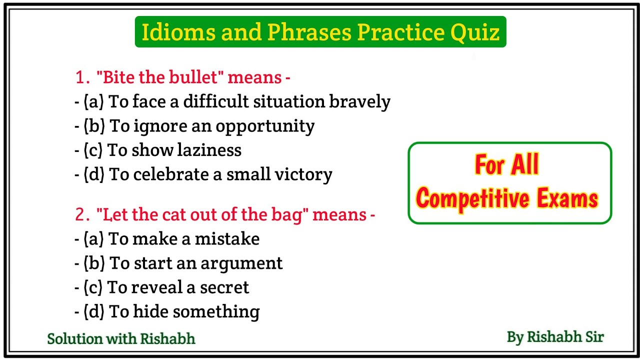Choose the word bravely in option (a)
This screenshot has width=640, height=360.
(359, 102)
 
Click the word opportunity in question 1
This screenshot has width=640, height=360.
(265, 126)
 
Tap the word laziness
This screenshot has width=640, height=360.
(210, 150)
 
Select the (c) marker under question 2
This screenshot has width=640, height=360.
(93, 287)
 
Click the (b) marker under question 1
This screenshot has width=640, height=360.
(94, 126)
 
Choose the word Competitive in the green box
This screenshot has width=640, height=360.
(474, 199)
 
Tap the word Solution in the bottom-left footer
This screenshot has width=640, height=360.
(74, 339)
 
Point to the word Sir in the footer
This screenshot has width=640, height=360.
(592, 337)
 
